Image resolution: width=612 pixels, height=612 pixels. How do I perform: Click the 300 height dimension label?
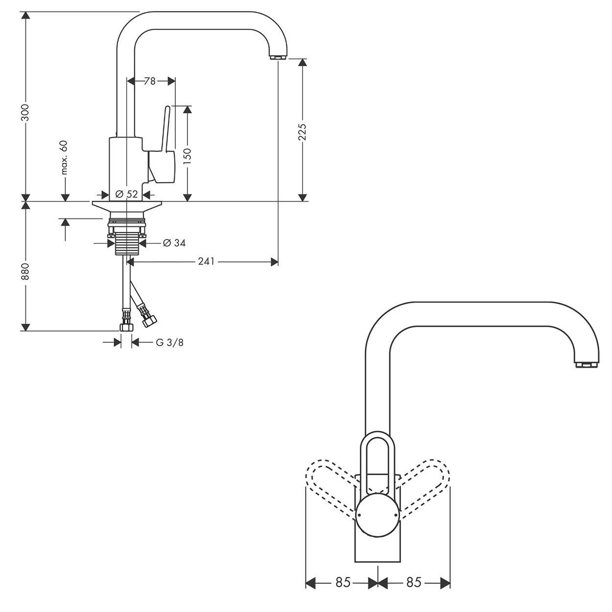[25, 113]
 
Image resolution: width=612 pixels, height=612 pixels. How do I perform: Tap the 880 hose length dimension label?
[25, 271]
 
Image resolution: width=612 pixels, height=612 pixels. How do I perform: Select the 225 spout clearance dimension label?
[302, 132]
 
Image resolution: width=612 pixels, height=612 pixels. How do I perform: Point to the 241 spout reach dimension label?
[207, 261]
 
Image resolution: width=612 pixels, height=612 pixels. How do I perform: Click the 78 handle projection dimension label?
[150, 81]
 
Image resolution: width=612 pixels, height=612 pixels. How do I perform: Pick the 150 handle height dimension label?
[188, 156]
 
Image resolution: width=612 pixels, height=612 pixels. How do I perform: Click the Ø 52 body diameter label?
[126, 194]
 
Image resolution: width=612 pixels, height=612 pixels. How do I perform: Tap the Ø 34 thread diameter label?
[174, 243]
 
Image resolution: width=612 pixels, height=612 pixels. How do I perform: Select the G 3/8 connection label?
[169, 342]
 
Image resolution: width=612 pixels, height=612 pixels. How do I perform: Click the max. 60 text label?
[65, 158]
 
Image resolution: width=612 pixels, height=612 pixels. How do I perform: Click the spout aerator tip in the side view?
[278, 57]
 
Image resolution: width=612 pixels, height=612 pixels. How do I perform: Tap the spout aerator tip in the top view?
[587, 365]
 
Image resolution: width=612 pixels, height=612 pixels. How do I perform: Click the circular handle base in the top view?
[377, 516]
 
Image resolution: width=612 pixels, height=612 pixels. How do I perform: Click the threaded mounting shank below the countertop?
[127, 243]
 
